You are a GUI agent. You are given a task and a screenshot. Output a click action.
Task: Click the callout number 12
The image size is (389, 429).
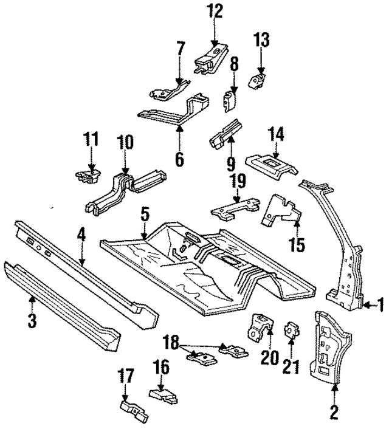(x=213, y=11)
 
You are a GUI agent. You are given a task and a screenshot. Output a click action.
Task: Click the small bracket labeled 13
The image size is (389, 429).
(x=260, y=79)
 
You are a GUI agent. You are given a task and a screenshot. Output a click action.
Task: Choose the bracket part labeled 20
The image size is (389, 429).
(x=256, y=328)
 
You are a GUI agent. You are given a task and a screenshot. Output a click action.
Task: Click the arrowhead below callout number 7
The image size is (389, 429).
(x=179, y=84)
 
